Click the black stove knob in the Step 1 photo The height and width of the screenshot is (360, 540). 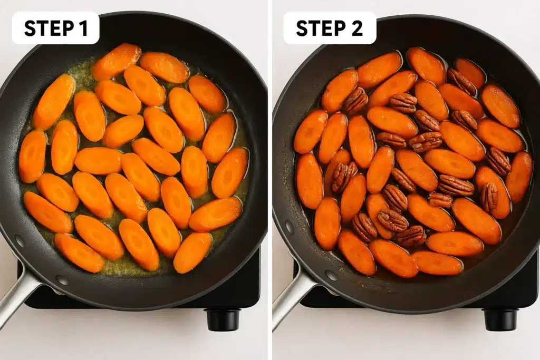(222, 319)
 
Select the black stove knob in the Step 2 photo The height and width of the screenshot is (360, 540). (500, 319)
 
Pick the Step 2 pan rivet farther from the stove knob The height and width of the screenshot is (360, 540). (290, 227)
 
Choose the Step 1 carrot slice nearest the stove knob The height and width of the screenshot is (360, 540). (192, 252)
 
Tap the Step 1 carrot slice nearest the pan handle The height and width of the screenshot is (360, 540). (79, 253)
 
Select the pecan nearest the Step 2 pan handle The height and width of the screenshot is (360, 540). (364, 227)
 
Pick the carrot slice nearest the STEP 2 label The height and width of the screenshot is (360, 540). (340, 91)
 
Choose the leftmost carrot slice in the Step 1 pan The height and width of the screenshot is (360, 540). (32, 157)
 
